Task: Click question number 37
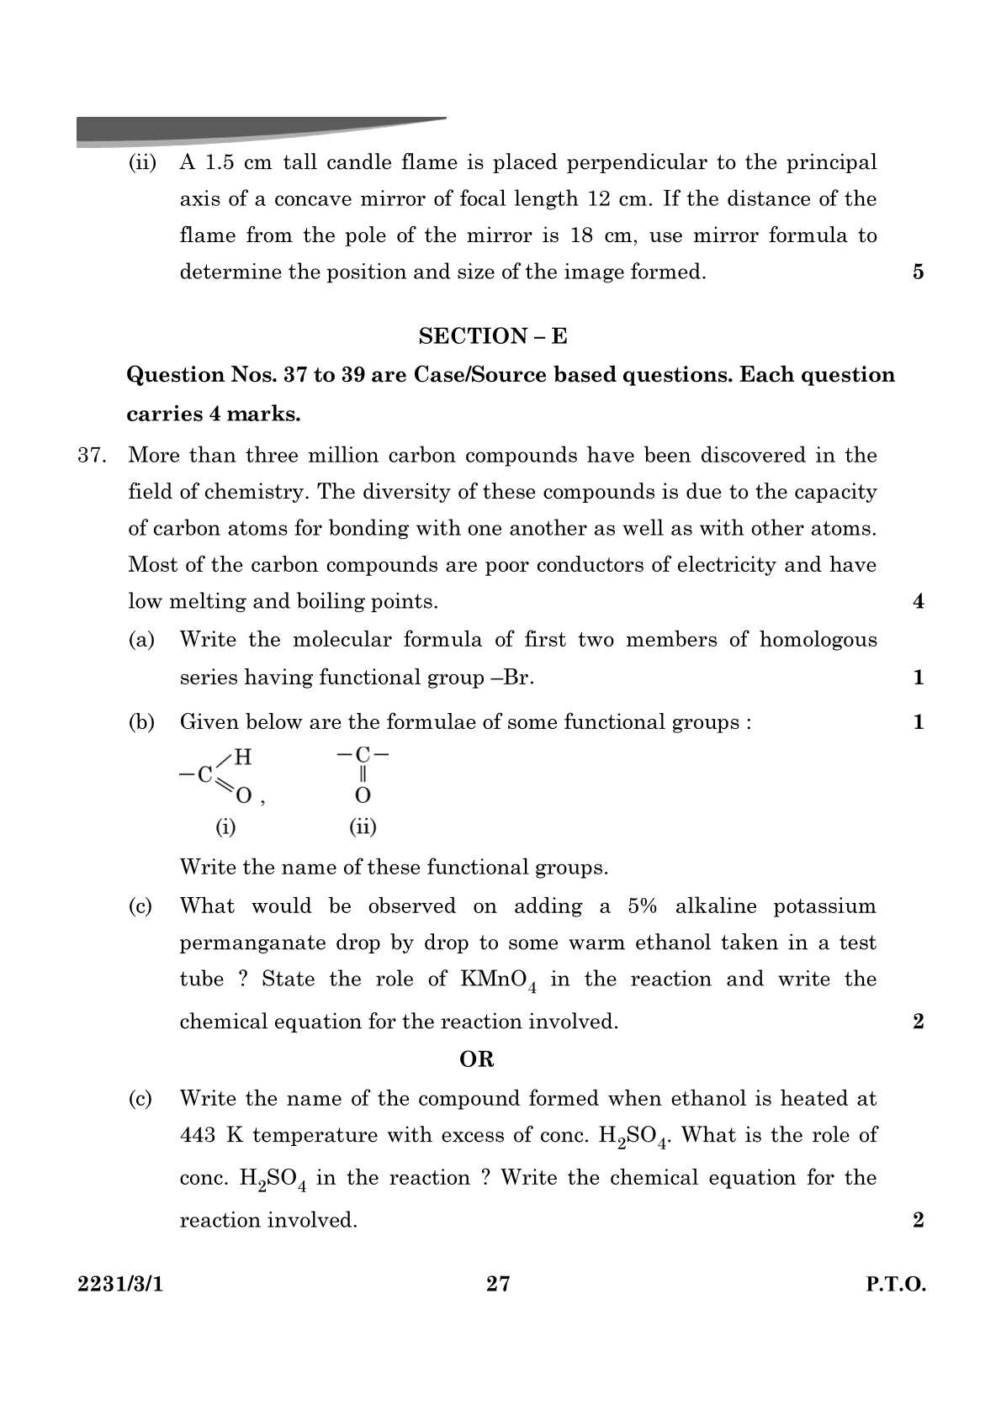(x=91, y=456)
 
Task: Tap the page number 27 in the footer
(x=498, y=1284)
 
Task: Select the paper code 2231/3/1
(x=119, y=1285)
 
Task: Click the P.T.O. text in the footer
(x=895, y=1285)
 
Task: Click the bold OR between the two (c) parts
(x=477, y=1059)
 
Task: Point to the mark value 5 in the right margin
(x=918, y=272)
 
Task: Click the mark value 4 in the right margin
(x=918, y=601)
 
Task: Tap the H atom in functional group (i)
(x=243, y=758)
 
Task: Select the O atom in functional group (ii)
(x=363, y=795)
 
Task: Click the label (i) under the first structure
(x=225, y=827)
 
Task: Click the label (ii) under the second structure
(x=363, y=827)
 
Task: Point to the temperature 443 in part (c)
(x=198, y=1135)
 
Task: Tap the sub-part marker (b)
(x=140, y=722)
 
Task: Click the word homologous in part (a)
(x=818, y=640)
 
